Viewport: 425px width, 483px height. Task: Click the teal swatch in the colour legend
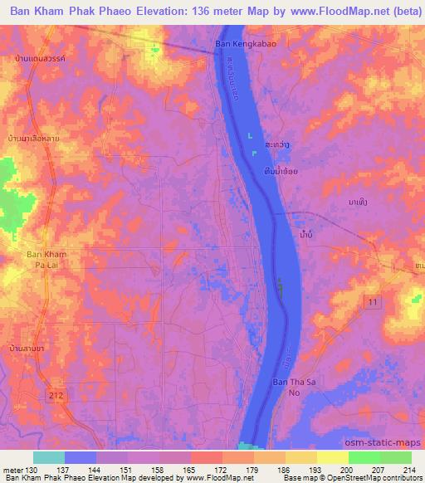pos(49,457)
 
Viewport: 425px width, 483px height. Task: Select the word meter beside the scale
pos(13,470)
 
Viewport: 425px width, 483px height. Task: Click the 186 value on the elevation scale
pos(284,470)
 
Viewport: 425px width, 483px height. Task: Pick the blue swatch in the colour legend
pos(81,457)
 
